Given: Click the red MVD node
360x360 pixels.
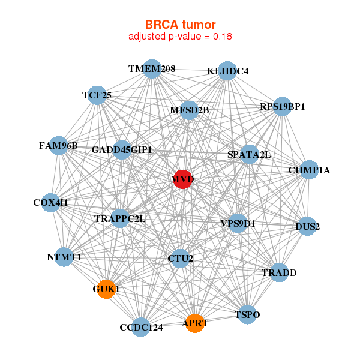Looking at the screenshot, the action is (x=182, y=179).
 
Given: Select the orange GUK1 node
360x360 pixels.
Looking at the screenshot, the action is (x=106, y=289).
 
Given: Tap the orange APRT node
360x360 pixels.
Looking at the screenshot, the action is (x=194, y=323).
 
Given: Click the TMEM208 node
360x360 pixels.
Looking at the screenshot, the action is (x=152, y=69).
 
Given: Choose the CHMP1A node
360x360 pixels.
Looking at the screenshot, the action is (x=310, y=170).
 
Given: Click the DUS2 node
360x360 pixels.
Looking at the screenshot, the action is (x=307, y=227).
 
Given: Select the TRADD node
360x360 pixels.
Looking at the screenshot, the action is (x=278, y=273).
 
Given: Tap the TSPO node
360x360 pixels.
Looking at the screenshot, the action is (x=248, y=314).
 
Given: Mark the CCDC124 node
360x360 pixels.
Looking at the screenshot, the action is (x=140, y=327).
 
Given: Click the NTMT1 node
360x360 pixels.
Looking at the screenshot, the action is (x=64, y=257).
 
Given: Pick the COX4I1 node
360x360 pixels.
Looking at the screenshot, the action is (x=52, y=203).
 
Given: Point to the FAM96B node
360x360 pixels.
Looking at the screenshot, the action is (x=58, y=146).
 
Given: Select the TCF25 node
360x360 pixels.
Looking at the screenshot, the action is (x=97, y=95).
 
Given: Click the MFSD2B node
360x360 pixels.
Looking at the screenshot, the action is (x=189, y=110).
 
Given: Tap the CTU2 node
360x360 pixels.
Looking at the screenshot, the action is (x=179, y=259).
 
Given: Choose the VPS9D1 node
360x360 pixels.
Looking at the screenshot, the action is (x=238, y=224).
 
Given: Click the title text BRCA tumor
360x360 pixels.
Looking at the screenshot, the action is (x=180, y=25).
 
